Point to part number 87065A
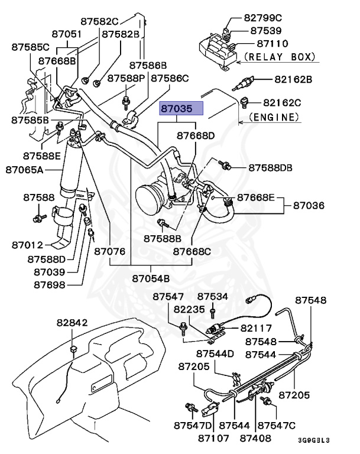tap(26, 169)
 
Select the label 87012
tap(27, 244)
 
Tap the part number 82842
tap(72, 323)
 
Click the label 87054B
tap(151, 278)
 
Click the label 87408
tap(257, 438)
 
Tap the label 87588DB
tap(270, 168)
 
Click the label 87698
tap(49, 284)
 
